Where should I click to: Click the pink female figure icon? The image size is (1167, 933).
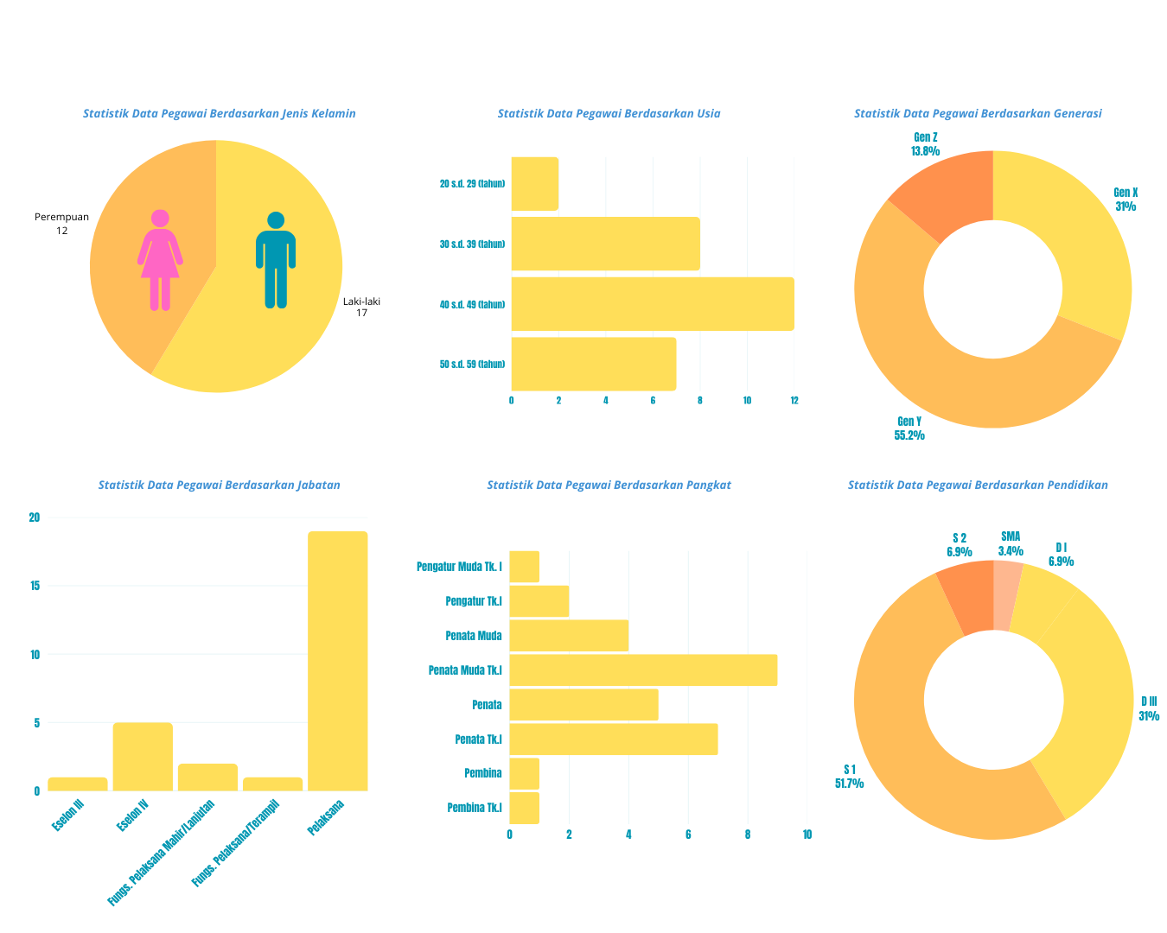160,259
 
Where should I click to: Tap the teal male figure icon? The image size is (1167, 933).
276,259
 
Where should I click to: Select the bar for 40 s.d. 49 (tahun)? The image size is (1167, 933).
653,304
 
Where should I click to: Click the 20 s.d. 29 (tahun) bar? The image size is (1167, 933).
535,184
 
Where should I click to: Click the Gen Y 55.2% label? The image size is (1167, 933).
909,428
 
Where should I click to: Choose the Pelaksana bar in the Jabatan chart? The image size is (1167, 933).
337,661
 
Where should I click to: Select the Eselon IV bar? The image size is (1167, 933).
143,757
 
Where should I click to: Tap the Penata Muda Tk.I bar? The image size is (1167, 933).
643,670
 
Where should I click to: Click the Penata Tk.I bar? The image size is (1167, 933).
614,739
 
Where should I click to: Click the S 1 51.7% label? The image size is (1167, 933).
849,777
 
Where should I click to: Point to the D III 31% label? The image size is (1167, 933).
1149,708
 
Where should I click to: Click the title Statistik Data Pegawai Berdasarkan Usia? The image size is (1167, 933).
609,113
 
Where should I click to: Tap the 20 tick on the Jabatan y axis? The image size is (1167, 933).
35,517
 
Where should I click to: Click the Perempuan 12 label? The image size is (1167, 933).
61,224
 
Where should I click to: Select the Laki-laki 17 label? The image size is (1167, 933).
361,307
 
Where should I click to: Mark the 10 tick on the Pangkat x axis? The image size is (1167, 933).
807,835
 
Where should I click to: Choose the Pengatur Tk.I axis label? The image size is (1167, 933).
474,601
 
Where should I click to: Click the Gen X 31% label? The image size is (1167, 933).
1126,200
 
